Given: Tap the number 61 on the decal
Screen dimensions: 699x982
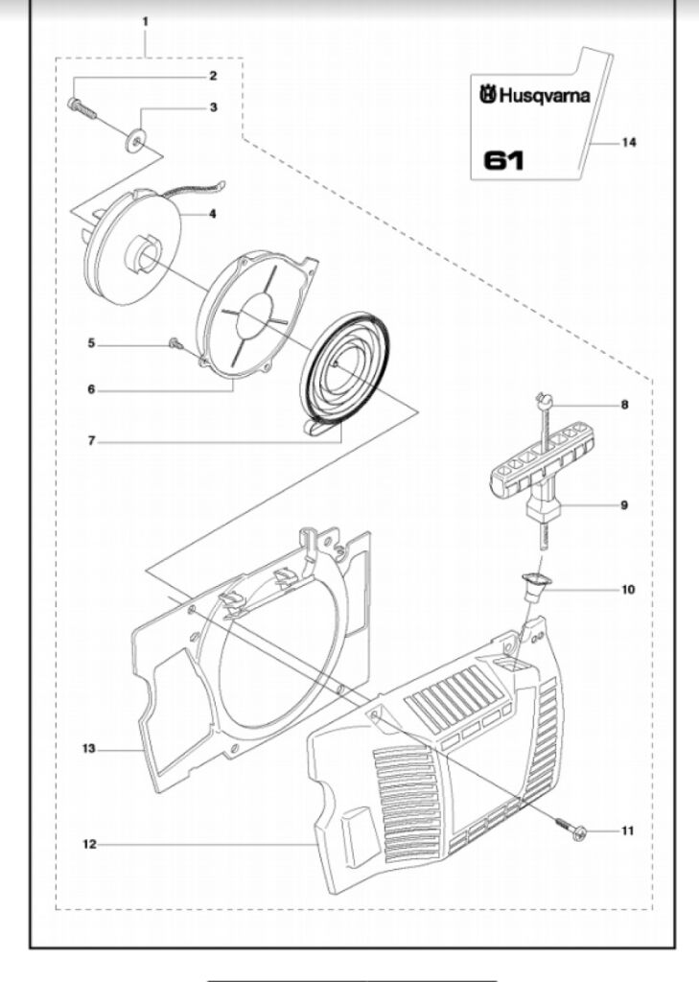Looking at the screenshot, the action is click(x=503, y=161).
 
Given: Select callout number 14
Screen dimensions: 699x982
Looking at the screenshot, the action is click(x=629, y=143).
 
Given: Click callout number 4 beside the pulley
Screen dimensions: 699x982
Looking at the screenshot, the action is click(x=212, y=214).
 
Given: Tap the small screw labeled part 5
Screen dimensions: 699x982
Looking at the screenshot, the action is click(x=175, y=342).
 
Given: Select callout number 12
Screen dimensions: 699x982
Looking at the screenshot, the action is click(x=89, y=844).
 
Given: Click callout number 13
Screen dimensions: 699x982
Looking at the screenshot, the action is click(x=89, y=748).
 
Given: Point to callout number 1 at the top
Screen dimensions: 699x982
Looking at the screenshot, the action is click(x=146, y=21).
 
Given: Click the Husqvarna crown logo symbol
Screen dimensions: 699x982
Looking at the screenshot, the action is click(x=488, y=95).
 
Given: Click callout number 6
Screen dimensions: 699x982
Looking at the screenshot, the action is click(x=91, y=389).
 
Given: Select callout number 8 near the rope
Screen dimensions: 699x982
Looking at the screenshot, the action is click(x=624, y=405).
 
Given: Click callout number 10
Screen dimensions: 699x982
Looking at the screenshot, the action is click(x=628, y=590).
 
